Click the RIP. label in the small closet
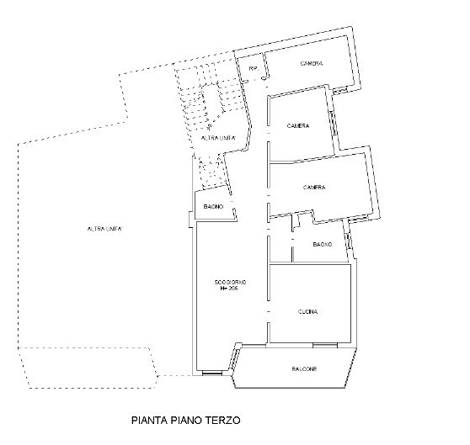tap(251, 67)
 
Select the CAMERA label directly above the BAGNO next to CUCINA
tap(314, 187)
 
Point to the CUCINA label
tap(307, 311)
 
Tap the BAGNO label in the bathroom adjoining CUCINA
tap(321, 244)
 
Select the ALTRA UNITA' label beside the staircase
tap(217, 137)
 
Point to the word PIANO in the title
tap(194, 416)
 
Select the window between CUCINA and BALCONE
tap(324, 344)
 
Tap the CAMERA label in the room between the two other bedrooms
tap(297, 126)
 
